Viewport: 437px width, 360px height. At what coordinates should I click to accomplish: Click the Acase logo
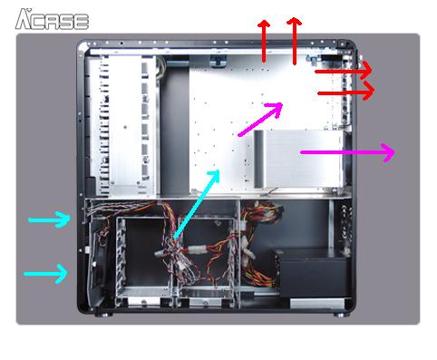[x=52, y=19]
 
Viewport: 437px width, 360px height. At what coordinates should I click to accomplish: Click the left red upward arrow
[x=264, y=41]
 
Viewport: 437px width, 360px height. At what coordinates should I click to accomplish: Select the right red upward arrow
[x=294, y=41]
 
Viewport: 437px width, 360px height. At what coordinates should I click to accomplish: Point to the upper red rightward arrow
[x=344, y=70]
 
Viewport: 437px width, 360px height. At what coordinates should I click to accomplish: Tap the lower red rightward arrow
[x=346, y=91]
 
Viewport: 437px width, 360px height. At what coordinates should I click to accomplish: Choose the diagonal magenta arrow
[x=260, y=120]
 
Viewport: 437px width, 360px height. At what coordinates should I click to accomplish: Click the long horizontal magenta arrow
[x=347, y=152]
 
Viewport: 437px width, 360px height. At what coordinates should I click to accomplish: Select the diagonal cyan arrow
[x=197, y=203]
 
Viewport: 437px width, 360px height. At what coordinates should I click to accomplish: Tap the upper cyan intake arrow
[x=49, y=219]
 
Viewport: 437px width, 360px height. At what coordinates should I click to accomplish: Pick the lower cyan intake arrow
[x=45, y=274]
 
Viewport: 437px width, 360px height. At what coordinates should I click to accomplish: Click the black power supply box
[x=313, y=273]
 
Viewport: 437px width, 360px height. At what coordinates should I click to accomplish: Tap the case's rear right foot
[x=342, y=315]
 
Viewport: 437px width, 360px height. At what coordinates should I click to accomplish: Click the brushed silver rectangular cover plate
[x=298, y=159]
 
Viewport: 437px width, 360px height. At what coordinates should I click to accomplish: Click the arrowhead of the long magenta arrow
[x=389, y=152]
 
